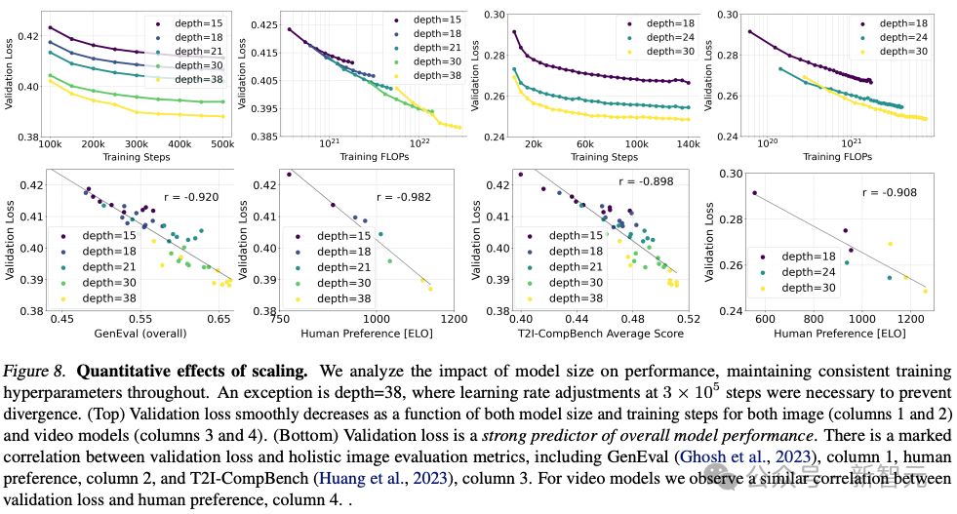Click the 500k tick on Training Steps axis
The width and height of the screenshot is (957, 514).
pyautogui.click(x=221, y=142)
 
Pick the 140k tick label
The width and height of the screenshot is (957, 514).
pyautogui.click(x=688, y=142)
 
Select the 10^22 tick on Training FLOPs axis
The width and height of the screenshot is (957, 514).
pyautogui.click(x=419, y=142)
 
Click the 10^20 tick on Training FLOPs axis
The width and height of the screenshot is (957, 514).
pyautogui.click(x=768, y=142)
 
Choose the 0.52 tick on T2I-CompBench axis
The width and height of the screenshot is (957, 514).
pyautogui.click(x=689, y=319)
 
